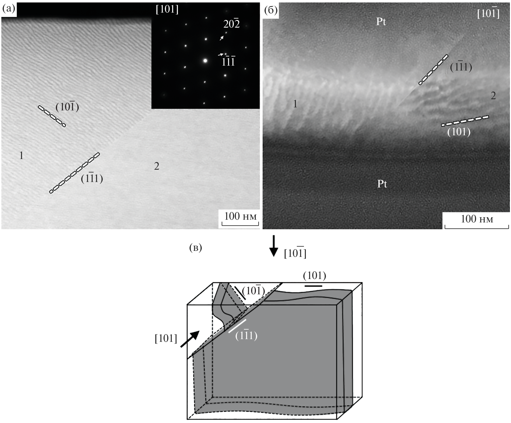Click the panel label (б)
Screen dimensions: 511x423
[271, 10]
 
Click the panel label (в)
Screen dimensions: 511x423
[195, 248]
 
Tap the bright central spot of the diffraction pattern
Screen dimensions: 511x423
[205, 61]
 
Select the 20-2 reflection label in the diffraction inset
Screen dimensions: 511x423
[231, 24]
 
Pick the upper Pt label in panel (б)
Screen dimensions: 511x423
[381, 21]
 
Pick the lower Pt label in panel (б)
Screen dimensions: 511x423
[382, 184]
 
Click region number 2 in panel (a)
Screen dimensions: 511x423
[157, 166]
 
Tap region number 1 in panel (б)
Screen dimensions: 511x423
[295, 104]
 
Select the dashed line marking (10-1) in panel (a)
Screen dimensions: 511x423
[52, 116]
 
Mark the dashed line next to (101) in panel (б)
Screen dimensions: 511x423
[465, 121]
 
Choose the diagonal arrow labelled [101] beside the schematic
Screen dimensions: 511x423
[190, 339]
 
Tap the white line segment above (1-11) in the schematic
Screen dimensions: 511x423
[237, 326]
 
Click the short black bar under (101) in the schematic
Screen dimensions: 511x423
[313, 286]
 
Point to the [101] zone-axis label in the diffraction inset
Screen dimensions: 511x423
[167, 9]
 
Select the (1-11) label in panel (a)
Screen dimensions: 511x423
[92, 178]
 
